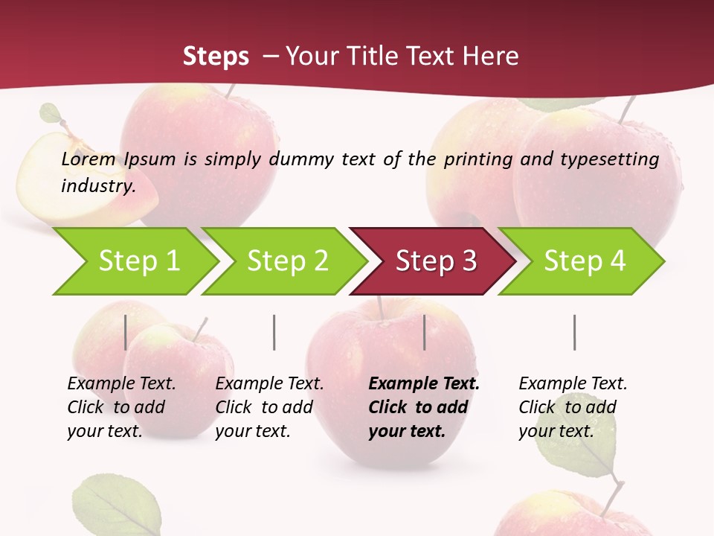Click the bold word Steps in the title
tap(216, 56)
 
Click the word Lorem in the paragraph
tap(89, 159)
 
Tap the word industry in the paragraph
tap(97, 186)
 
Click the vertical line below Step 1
tap(126, 332)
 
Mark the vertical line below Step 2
tap(274, 332)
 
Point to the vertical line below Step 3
tap(425, 332)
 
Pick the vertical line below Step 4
tap(574, 332)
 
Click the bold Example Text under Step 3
tap(424, 384)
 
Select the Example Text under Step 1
tap(121, 384)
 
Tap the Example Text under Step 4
tap(573, 384)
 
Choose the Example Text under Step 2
tap(269, 384)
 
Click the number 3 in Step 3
tap(469, 261)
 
